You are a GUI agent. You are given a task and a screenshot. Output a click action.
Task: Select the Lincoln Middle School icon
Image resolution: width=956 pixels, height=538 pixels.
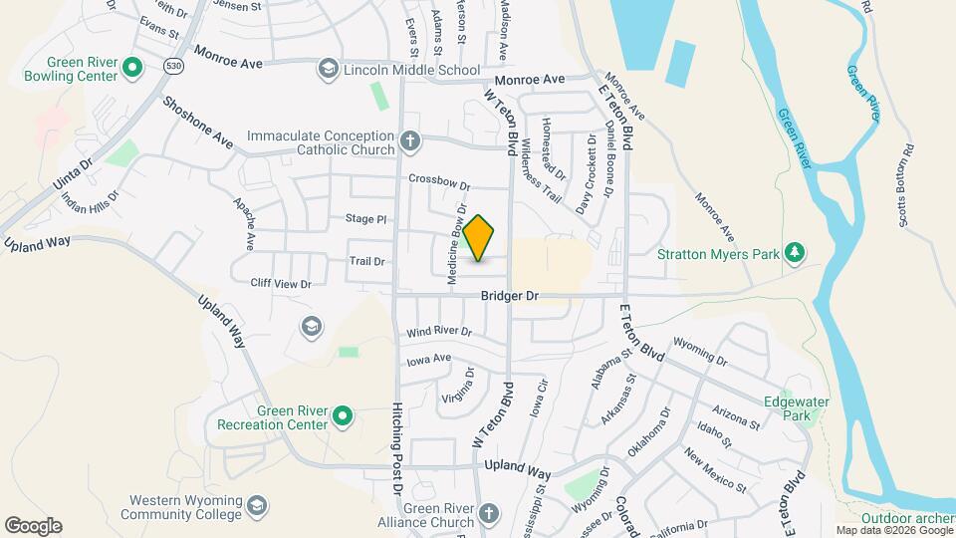327,70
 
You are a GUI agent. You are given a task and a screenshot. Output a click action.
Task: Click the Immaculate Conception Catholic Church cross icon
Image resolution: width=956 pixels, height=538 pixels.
409,141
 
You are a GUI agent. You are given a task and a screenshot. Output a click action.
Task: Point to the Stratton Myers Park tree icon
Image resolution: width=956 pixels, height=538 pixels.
794,252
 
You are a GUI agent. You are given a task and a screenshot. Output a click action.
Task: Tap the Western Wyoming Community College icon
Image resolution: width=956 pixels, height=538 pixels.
257,506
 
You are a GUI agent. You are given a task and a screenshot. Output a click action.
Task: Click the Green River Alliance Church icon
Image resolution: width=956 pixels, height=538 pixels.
487,514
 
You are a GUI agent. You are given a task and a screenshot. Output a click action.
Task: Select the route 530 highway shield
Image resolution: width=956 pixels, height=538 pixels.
146,66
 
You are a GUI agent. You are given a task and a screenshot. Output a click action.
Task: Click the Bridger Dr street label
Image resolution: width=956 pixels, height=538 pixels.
509,296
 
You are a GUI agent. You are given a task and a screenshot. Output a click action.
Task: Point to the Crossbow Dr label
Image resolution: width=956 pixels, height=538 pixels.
438,180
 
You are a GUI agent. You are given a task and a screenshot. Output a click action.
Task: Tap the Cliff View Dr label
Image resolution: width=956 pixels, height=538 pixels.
281,284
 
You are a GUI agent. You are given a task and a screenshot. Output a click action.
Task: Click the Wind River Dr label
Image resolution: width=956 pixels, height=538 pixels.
438,331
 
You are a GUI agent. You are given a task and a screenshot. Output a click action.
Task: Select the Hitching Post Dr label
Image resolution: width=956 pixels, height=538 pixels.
396,447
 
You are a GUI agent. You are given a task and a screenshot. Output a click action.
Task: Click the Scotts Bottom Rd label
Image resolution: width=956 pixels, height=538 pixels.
906,187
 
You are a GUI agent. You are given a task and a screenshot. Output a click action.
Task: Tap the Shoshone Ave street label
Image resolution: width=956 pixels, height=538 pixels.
197,124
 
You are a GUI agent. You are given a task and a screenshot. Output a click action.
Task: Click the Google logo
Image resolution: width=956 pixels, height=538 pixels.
33,525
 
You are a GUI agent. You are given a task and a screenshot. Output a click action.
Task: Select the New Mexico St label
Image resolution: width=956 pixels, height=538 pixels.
714,469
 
